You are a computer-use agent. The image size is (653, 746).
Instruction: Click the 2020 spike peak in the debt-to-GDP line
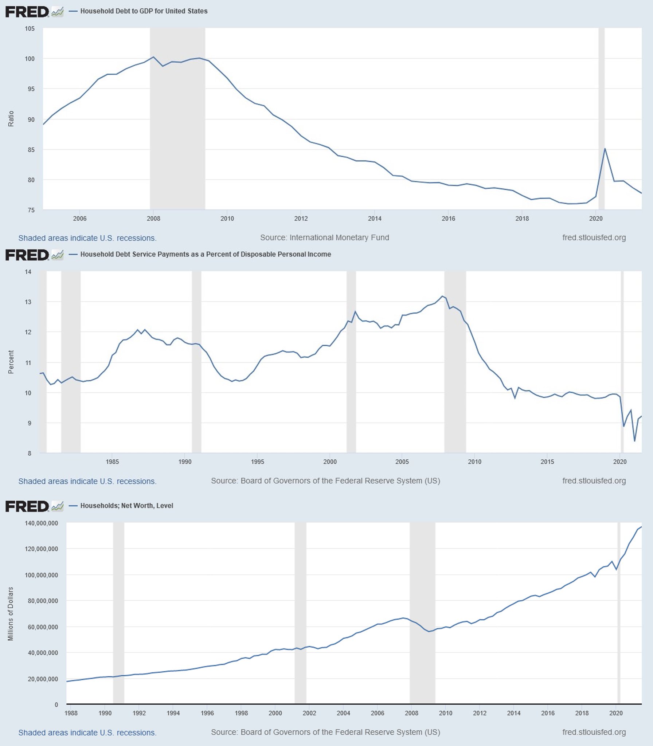(605, 149)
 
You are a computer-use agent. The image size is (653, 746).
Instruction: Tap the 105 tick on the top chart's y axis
(30, 28)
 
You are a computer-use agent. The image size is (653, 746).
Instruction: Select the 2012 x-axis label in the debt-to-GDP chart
(301, 219)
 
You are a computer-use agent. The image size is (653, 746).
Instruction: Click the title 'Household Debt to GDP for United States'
(144, 11)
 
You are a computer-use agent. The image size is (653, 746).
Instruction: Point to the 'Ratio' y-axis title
(11, 119)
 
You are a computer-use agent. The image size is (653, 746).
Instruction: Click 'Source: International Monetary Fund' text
(324, 237)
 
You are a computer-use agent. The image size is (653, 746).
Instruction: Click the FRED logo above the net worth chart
(27, 506)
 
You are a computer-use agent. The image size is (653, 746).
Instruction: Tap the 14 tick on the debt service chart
(28, 272)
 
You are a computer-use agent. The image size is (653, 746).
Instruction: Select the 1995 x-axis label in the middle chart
(257, 462)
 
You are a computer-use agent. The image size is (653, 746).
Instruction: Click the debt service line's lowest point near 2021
(635, 441)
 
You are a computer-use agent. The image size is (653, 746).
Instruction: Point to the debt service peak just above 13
(442, 296)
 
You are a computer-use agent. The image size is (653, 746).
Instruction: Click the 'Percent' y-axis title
(11, 362)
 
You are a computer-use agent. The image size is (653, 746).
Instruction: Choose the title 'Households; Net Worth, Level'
(126, 506)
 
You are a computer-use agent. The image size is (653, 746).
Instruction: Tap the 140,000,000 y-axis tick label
(41, 523)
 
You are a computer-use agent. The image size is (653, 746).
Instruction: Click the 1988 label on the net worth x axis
(71, 713)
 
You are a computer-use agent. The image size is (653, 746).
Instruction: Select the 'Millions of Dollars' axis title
(11, 614)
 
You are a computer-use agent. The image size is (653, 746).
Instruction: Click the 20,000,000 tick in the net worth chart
(43, 679)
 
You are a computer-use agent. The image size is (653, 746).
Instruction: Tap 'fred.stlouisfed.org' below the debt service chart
(594, 481)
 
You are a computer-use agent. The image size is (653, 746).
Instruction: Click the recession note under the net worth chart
(87, 733)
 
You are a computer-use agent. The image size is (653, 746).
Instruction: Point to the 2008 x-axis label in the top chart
(153, 219)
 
